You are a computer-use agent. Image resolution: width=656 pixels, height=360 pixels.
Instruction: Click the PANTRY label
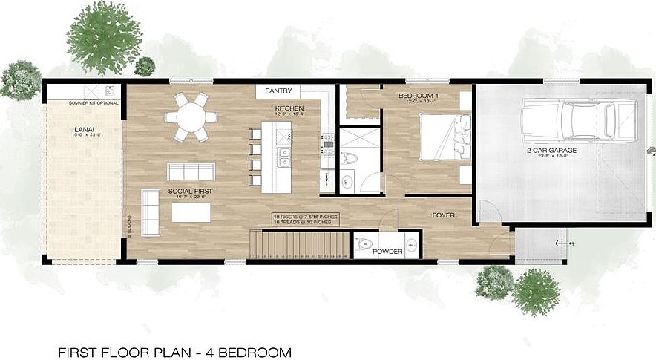tap(279, 91)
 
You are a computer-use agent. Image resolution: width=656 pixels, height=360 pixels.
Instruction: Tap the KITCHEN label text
tap(288, 109)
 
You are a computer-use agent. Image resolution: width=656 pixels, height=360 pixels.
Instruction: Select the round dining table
tap(191, 117)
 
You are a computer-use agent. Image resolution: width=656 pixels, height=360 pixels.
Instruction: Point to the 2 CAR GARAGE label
tap(552, 151)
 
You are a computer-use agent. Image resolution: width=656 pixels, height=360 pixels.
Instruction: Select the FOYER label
tap(443, 215)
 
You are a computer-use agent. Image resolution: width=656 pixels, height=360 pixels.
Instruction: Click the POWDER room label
tap(388, 252)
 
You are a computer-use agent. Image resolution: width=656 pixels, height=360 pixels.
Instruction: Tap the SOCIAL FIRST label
tap(190, 191)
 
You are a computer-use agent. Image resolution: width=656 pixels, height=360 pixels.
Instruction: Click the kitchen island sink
tap(283, 157)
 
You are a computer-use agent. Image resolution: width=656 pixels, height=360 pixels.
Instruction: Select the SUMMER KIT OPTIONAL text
tap(94, 102)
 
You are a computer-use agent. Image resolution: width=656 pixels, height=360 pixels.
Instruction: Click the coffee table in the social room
tap(191, 212)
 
